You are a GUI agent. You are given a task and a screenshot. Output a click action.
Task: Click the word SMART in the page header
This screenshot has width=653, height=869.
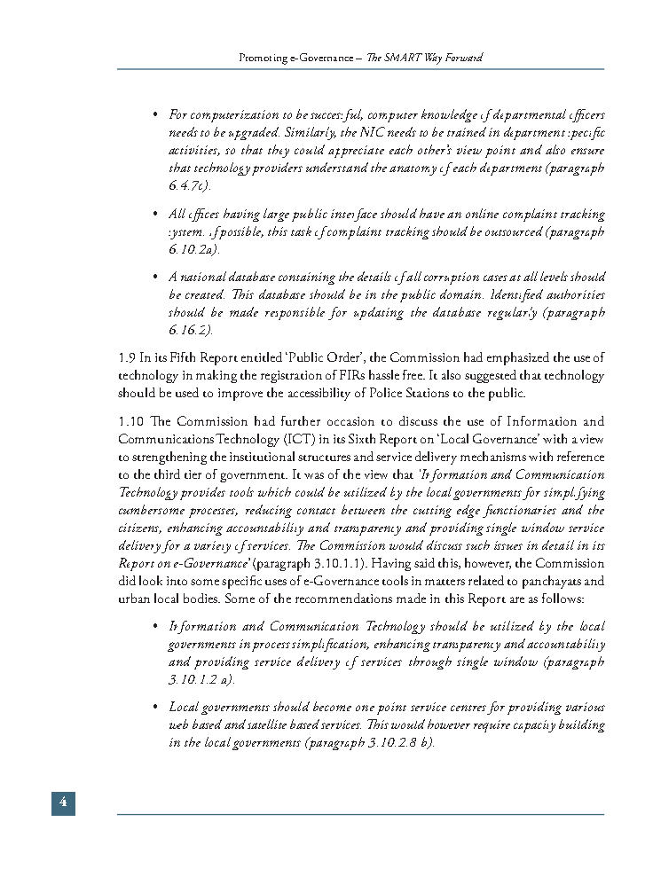point(407,58)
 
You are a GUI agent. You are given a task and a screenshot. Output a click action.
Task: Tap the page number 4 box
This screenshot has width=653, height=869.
point(62,802)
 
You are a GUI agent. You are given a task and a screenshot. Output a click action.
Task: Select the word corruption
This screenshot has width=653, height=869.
point(430,278)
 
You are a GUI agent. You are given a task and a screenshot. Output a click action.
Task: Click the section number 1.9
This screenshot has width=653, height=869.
point(126,358)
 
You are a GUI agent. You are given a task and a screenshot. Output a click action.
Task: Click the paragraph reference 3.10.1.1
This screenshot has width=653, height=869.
point(323,564)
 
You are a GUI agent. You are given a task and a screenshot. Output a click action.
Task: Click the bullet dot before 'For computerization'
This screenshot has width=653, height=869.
point(155,115)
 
